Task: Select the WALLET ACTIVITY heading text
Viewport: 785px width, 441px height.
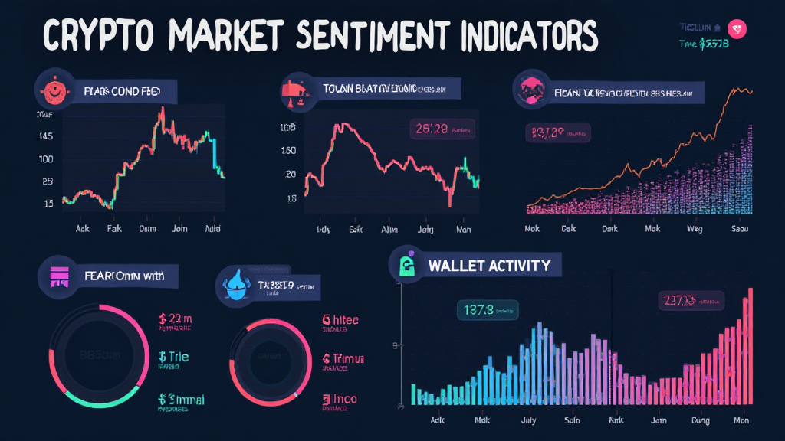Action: (489, 266)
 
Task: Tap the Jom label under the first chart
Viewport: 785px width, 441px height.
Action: (179, 229)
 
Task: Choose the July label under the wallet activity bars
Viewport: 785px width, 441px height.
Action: (529, 420)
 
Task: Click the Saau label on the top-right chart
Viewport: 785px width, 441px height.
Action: (741, 228)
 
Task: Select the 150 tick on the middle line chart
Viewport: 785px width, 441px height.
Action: (289, 150)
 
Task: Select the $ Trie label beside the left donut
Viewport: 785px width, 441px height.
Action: (173, 357)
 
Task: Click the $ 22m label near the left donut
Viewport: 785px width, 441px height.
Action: (174, 318)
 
